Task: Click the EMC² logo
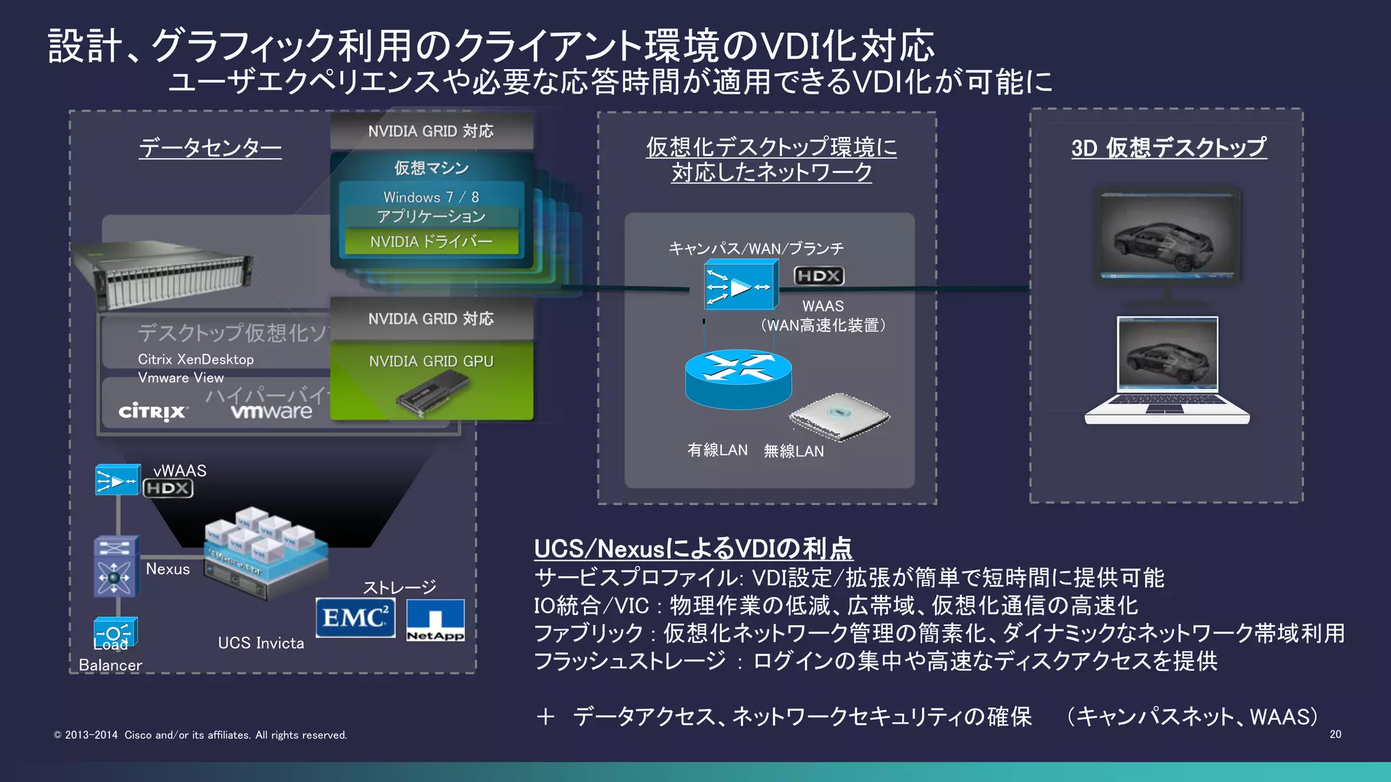pyautogui.click(x=355, y=618)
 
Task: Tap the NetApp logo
pyautogui.click(x=435, y=620)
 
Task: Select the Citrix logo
pyautogui.click(x=152, y=411)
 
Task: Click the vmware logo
pyautogui.click(x=271, y=411)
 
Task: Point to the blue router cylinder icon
pyautogui.click(x=738, y=379)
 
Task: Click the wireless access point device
pyautogui.click(x=839, y=416)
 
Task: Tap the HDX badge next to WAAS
pyautogui.click(x=819, y=276)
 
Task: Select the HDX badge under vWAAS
pyautogui.click(x=168, y=488)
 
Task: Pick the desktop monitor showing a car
pyautogui.click(x=1167, y=236)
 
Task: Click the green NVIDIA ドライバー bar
pyautogui.click(x=431, y=242)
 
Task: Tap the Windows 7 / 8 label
pyautogui.click(x=431, y=197)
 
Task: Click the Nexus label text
pyautogui.click(x=168, y=569)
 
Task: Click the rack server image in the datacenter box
pyautogui.click(x=163, y=278)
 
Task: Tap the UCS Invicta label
pyautogui.click(x=261, y=643)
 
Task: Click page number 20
pyautogui.click(x=1335, y=734)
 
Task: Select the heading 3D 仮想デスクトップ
pyautogui.click(x=1168, y=147)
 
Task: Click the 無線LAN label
pyautogui.click(x=793, y=451)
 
